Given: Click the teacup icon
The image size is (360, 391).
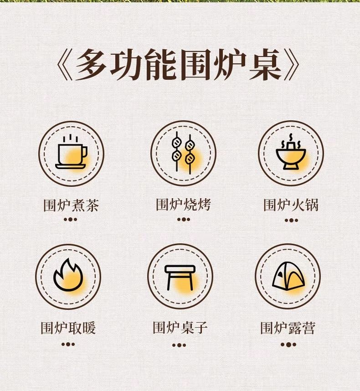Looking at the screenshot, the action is (x=71, y=152).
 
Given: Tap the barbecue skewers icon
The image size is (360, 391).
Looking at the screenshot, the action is (x=183, y=153).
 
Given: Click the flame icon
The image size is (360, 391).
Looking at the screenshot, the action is (x=68, y=275).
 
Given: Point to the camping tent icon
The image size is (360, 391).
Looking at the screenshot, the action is (x=288, y=276).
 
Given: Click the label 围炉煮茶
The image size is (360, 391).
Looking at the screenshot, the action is (x=71, y=205).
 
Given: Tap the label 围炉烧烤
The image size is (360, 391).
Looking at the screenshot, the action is (x=184, y=205).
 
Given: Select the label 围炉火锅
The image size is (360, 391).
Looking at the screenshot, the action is (x=291, y=205).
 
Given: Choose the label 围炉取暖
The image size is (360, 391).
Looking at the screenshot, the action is (x=68, y=328).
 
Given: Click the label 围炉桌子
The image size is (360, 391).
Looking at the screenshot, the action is (x=180, y=328).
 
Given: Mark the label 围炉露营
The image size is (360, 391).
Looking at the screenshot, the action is (x=288, y=328).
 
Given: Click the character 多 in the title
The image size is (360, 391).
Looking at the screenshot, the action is (x=91, y=64).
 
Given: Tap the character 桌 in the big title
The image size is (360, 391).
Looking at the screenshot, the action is (x=266, y=64).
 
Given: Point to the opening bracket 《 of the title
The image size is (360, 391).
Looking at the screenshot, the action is (x=65, y=64).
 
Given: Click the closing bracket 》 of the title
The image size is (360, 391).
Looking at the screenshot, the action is (x=292, y=64).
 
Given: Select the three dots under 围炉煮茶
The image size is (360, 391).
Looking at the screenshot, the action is (x=70, y=220).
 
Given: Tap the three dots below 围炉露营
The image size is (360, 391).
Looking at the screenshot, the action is (x=288, y=345).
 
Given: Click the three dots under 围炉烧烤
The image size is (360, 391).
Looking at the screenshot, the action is (x=184, y=220).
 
